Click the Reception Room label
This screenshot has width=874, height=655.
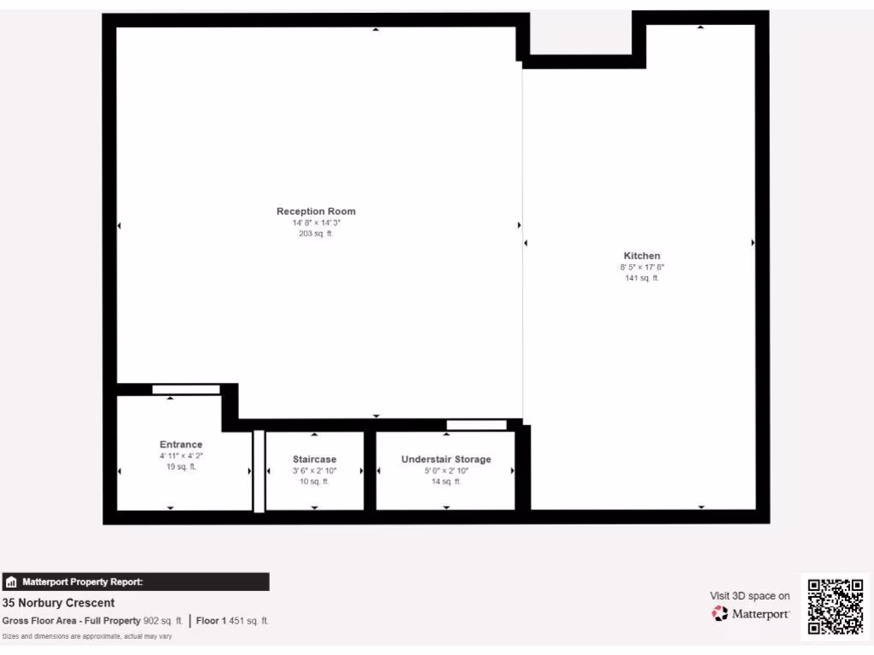coord(316,212)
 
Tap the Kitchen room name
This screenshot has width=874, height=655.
coord(642,256)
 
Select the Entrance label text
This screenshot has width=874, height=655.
coord(181,444)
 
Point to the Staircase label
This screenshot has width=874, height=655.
coord(314,460)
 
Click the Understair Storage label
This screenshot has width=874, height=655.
coord(446,460)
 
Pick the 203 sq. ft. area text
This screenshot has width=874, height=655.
coord(316,234)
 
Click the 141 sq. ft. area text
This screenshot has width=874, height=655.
coord(642,278)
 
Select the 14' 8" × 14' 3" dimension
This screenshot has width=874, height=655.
coord(316,223)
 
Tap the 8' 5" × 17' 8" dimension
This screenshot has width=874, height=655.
coord(642,267)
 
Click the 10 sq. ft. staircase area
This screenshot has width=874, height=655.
coord(314,482)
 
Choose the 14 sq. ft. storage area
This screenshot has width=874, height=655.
coord(446,482)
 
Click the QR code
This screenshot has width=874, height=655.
coord(836,606)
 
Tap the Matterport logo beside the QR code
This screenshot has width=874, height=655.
coord(751,613)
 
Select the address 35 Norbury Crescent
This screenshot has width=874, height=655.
coord(59,603)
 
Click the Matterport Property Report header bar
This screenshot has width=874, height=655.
coord(136,582)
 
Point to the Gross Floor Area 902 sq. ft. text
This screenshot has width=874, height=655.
coord(93,621)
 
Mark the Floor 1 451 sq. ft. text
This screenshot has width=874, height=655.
coord(232,621)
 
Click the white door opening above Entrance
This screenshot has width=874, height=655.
coord(185,390)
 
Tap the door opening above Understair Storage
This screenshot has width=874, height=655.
coord(476,425)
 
